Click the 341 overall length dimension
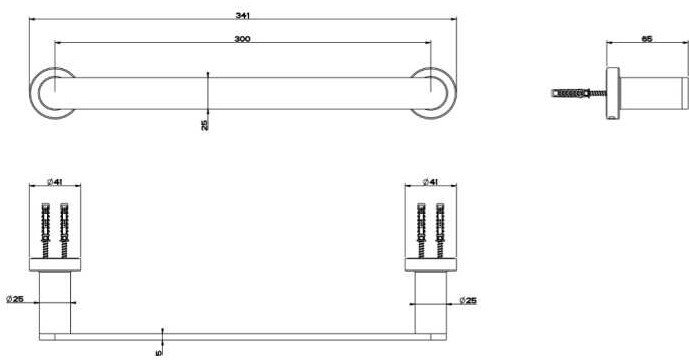click(242, 15)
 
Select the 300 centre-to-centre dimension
click(242, 39)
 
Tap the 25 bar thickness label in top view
click(205, 125)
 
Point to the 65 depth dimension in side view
click(647, 39)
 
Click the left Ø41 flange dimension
click(54, 182)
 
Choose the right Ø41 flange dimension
click(430, 182)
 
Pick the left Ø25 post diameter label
click(15, 299)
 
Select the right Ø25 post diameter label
click(468, 301)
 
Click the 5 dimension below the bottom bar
click(159, 353)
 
